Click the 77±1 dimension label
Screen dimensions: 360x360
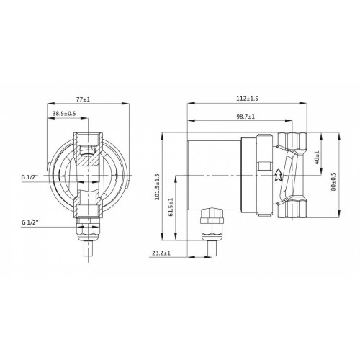[x=83, y=99]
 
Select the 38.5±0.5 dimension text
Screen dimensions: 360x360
[x=64, y=113]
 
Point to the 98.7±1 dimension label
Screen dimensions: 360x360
[x=246, y=117]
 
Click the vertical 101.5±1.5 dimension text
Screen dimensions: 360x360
[x=157, y=187]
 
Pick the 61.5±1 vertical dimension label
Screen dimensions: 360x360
[x=171, y=207]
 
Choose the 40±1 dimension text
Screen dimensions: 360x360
[x=317, y=158]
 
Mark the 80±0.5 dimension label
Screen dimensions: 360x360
[x=333, y=181]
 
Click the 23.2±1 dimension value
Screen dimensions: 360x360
[x=161, y=253]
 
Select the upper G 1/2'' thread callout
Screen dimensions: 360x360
[x=30, y=177]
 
